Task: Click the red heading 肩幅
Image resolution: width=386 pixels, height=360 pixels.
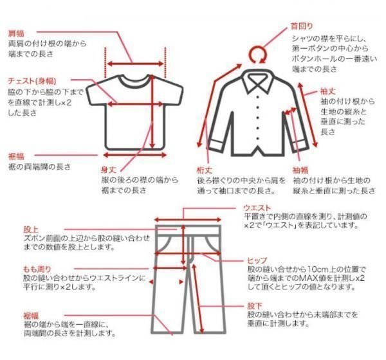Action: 16,32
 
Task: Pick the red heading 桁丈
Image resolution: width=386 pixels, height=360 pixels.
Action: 205,170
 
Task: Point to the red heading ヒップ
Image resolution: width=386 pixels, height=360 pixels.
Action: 257,259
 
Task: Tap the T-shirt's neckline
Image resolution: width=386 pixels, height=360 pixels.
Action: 134,80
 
